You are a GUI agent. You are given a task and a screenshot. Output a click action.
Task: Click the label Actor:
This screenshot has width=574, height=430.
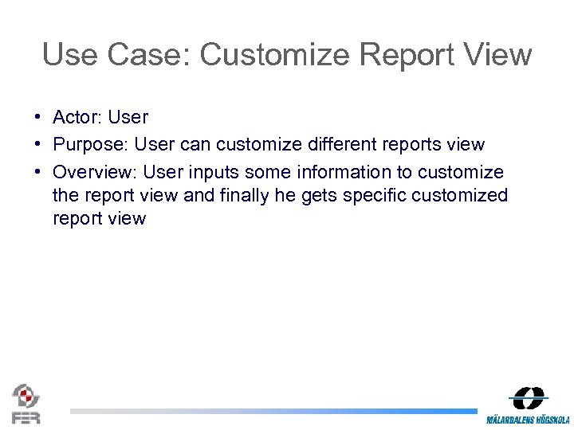[77, 117]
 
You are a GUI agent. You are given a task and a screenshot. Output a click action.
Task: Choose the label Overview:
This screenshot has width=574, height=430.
[95, 172]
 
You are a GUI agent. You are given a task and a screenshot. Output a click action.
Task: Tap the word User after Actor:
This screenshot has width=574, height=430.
[128, 117]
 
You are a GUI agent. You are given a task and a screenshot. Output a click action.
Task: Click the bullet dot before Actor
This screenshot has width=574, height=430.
[38, 117]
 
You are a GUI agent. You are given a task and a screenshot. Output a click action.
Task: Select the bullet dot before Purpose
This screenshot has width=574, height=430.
[38, 144]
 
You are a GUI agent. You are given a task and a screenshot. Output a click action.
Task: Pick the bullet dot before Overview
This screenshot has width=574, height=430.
[38, 172]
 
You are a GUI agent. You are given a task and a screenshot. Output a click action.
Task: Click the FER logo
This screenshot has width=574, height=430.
[26, 403]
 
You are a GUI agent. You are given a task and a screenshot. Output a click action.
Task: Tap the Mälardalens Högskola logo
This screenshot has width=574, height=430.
[528, 405]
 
